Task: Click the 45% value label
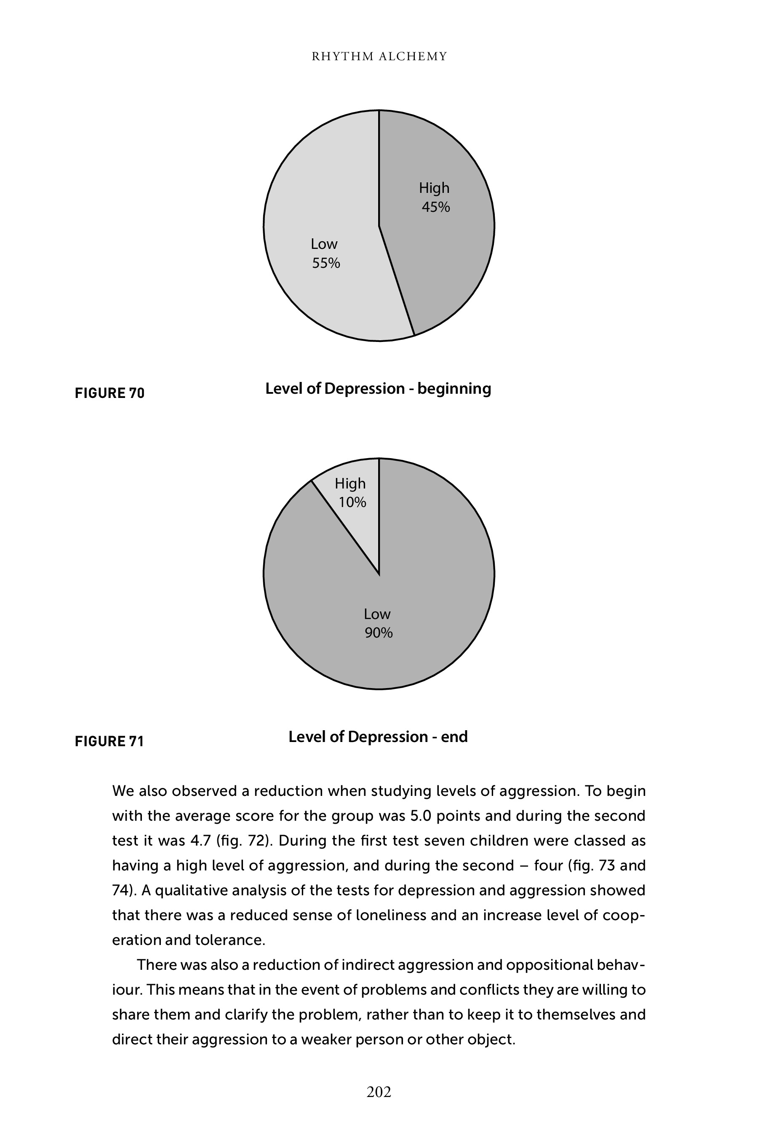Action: click(435, 207)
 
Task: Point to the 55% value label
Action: click(326, 264)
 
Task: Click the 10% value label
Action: click(352, 503)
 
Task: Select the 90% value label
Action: click(379, 633)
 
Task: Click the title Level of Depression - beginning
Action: click(378, 389)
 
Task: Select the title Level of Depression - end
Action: click(378, 737)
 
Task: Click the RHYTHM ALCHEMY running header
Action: click(379, 56)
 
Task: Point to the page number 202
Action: click(379, 1092)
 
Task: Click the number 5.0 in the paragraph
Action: click(420, 816)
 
